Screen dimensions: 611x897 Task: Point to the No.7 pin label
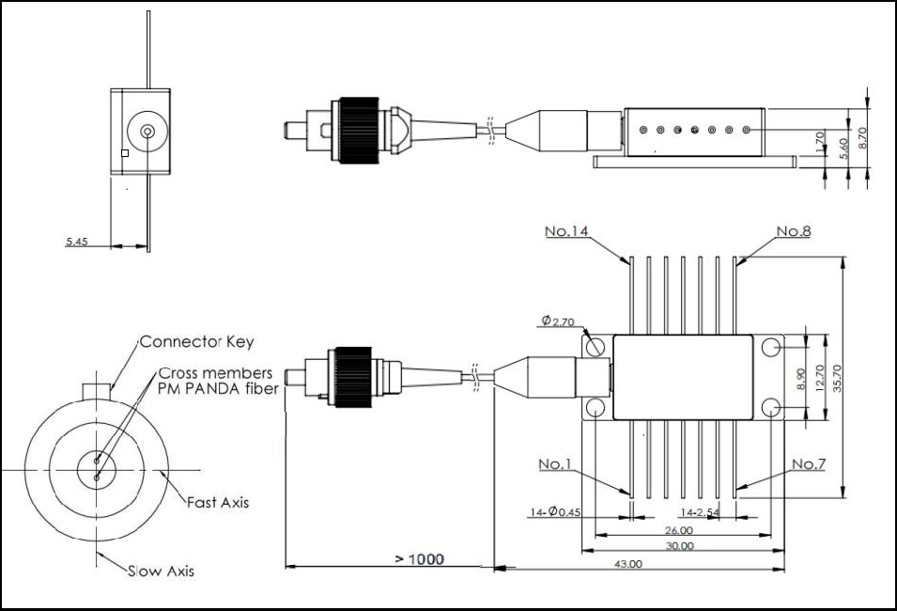coord(808,464)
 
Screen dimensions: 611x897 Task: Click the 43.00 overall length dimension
coord(627,564)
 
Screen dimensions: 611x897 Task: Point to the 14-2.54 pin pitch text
coord(701,512)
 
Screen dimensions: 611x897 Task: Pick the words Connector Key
coord(196,342)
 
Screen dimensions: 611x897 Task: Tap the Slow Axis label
coord(162,571)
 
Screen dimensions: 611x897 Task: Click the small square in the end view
coord(125,153)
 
